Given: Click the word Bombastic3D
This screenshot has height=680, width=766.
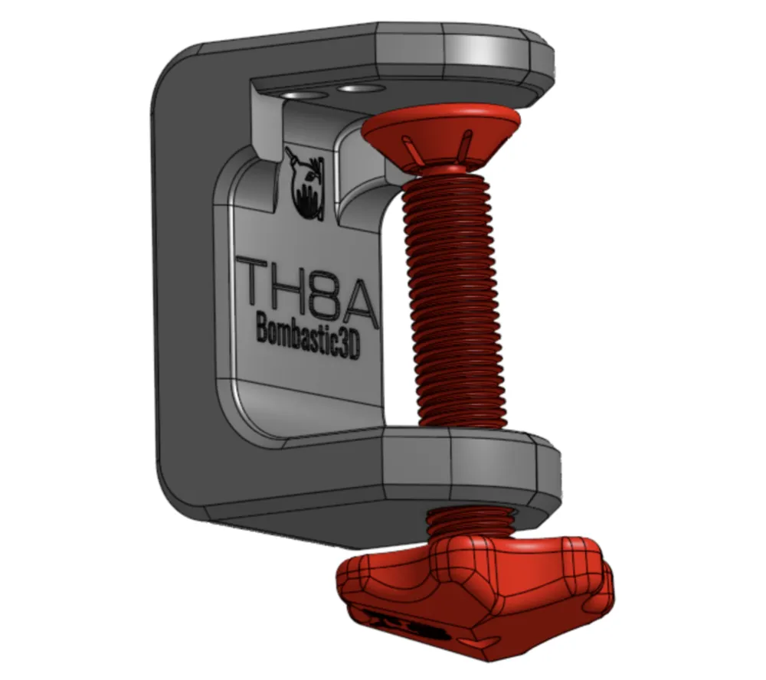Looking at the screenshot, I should pyautogui.click(x=306, y=335).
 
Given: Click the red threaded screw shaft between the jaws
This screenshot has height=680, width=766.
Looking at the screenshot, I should pyautogui.click(x=452, y=306).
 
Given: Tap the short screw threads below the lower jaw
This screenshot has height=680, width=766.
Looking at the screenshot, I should pyautogui.click(x=467, y=521).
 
